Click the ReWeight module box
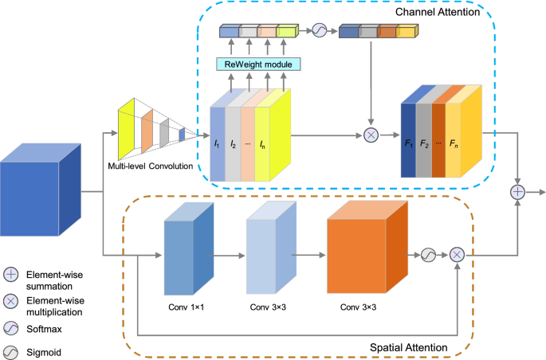click(258, 65)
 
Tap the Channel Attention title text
click(438, 12)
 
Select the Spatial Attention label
click(408, 347)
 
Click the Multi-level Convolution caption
click(151, 166)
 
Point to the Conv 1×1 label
click(187, 307)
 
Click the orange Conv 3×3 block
click(367, 247)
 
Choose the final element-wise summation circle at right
click(517, 192)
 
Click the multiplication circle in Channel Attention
click(371, 135)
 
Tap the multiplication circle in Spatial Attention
click(457, 255)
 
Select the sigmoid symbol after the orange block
click(428, 255)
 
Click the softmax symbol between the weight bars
click(320, 30)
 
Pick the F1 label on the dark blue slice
click(409, 143)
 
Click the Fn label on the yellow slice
click(454, 143)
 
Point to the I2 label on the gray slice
click(233, 143)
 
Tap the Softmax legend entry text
click(44, 329)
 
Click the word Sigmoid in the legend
click(44, 353)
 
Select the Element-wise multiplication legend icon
click(11, 301)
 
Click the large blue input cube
click(41, 190)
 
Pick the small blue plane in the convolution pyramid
click(182, 135)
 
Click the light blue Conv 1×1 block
click(189, 248)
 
